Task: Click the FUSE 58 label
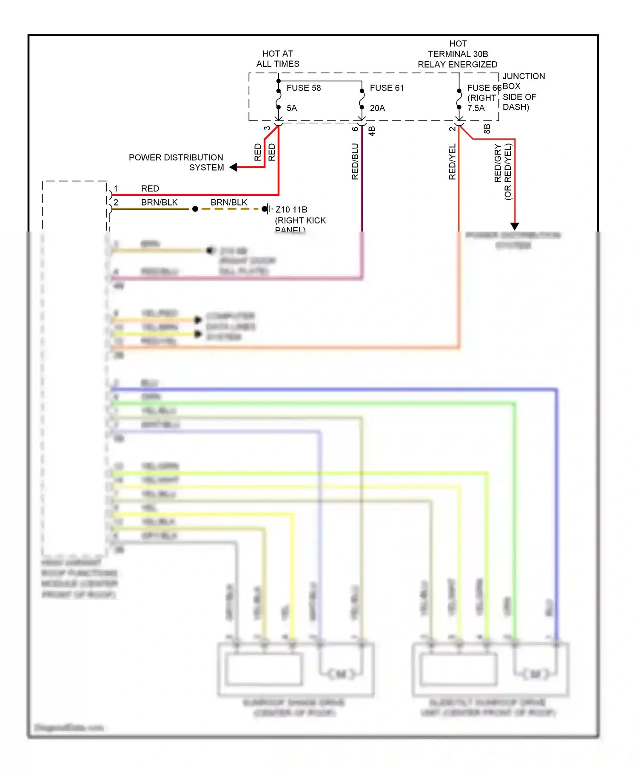303,88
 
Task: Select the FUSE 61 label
386,88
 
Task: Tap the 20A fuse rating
377,108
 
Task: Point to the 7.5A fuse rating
476,108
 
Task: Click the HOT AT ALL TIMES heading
277,59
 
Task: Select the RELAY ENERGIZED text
457,65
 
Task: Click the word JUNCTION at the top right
524,76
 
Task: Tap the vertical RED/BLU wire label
355,162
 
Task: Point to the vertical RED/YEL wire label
452,162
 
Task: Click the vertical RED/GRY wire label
498,163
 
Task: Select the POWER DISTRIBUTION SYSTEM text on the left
176,163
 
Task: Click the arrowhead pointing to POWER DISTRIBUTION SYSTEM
233,167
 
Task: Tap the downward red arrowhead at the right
515,226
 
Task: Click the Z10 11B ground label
291,209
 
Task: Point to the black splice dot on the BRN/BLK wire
195,209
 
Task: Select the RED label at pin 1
150,189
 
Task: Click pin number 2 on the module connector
116,203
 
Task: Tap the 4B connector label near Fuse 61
372,131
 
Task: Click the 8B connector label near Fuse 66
487,129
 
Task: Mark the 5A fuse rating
291,108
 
